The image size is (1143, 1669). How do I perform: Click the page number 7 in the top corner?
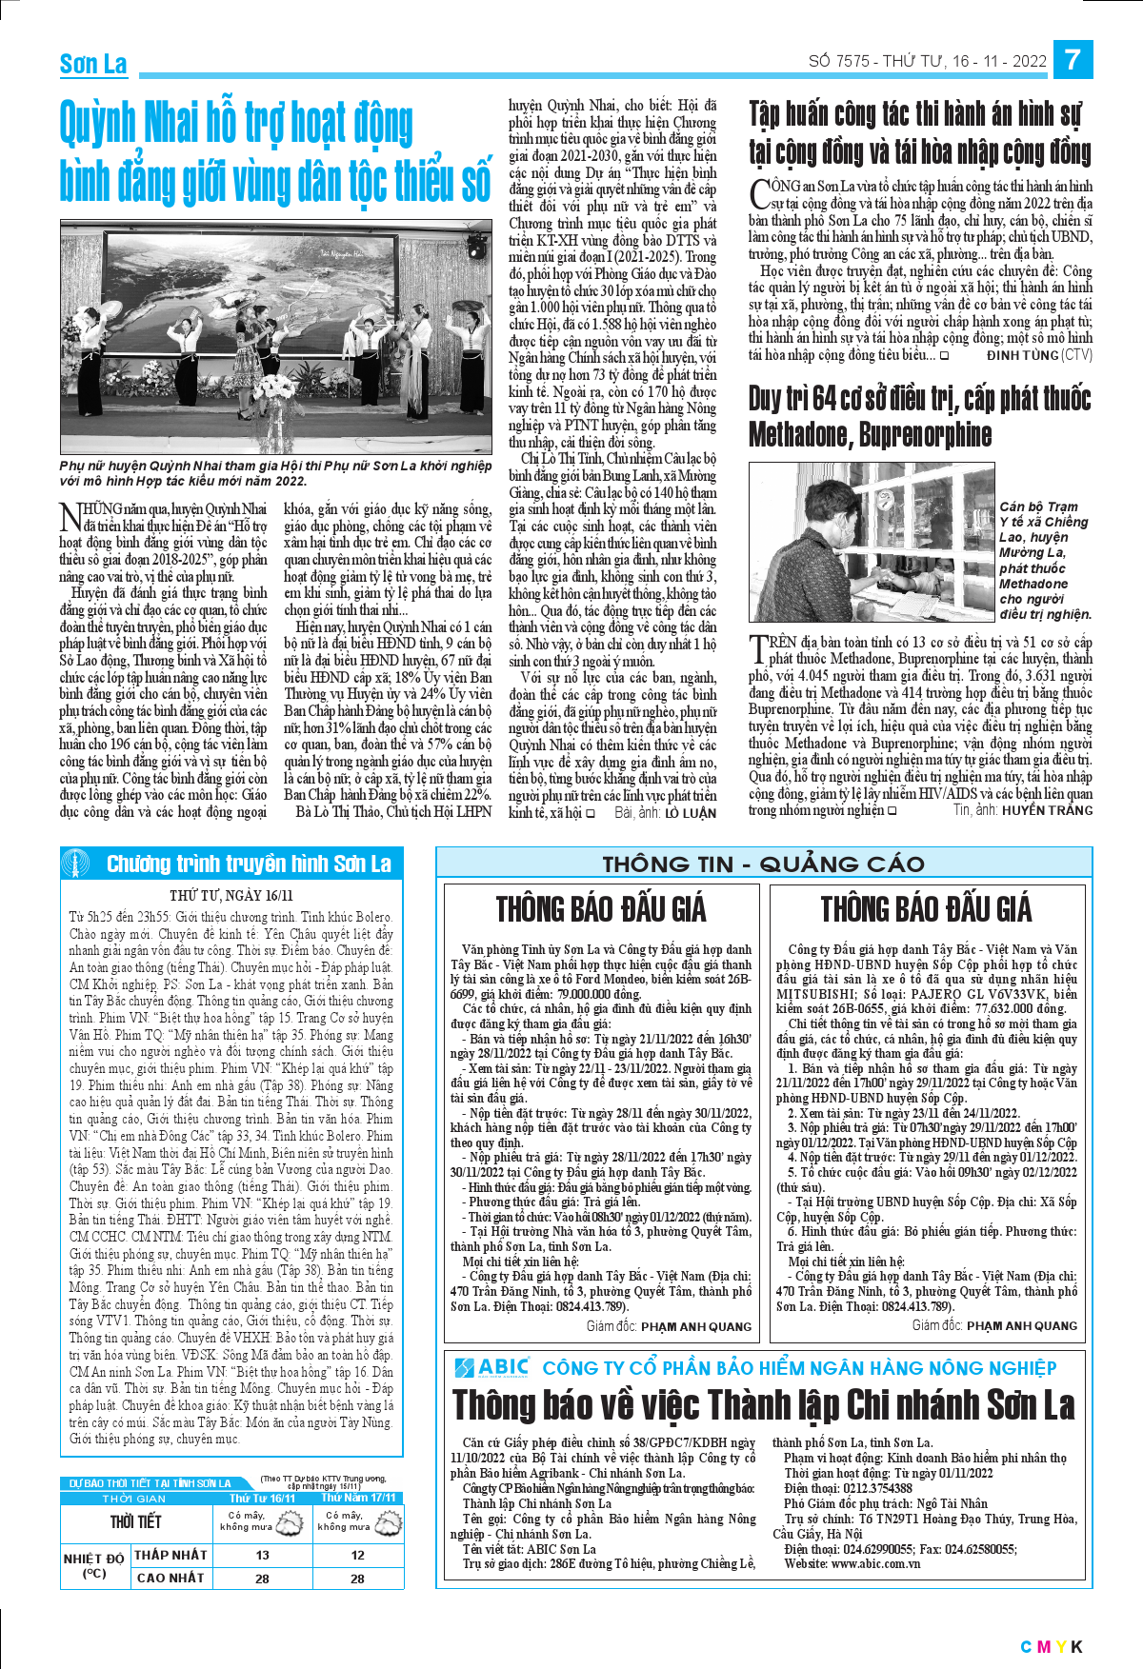pyautogui.click(x=1073, y=59)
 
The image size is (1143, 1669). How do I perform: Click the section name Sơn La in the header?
pyautogui.click(x=93, y=65)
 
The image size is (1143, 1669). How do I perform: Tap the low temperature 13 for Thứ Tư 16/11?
pyautogui.click(x=262, y=1555)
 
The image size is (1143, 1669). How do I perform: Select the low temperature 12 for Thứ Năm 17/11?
pyautogui.click(x=357, y=1555)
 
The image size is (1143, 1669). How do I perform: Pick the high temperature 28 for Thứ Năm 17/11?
pyautogui.click(x=357, y=1578)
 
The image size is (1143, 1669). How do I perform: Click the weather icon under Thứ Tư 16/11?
pyautogui.click(x=290, y=1521)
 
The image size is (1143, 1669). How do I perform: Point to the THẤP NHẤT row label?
pyautogui.click(x=170, y=1555)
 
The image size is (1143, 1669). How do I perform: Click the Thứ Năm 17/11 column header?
pyautogui.click(x=357, y=1498)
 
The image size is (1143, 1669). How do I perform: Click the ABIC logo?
pyautogui.click(x=491, y=1368)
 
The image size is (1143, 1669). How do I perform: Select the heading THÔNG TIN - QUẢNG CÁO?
pyautogui.click(x=763, y=864)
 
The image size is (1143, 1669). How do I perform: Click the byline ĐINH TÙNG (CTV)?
pyautogui.click(x=1039, y=355)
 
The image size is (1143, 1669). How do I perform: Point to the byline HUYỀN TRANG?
pyautogui.click(x=1047, y=810)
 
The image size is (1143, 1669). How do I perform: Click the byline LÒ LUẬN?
pyautogui.click(x=690, y=813)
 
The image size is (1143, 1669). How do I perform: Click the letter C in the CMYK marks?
pyautogui.click(x=1026, y=1646)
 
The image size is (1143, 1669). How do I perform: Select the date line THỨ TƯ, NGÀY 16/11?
pyautogui.click(x=231, y=895)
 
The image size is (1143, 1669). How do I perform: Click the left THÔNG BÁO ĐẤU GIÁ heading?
pyautogui.click(x=601, y=909)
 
